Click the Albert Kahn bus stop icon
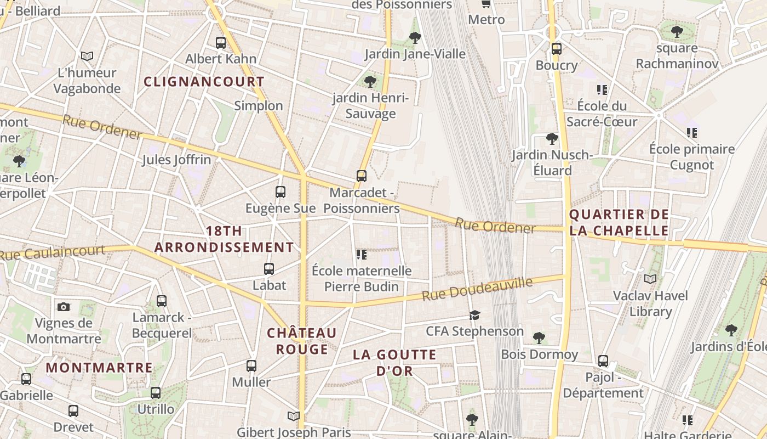[221, 42]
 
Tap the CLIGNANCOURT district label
[204, 82]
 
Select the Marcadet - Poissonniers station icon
[362, 176]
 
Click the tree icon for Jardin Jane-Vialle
[415, 37]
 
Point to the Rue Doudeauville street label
[477, 289]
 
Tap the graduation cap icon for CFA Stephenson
[474, 315]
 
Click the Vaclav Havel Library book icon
[650, 279]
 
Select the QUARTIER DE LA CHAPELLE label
[619, 222]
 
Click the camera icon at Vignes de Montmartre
[64, 307]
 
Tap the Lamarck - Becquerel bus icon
[162, 301]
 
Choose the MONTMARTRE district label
[99, 368]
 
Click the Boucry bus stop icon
[557, 48]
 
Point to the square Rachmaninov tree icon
[677, 32]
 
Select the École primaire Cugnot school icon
[692, 132]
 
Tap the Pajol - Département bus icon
[603, 361]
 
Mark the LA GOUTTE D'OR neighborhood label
[394, 362]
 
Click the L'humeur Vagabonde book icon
[87, 56]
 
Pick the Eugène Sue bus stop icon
[281, 192]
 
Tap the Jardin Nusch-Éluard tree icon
[552, 138]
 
